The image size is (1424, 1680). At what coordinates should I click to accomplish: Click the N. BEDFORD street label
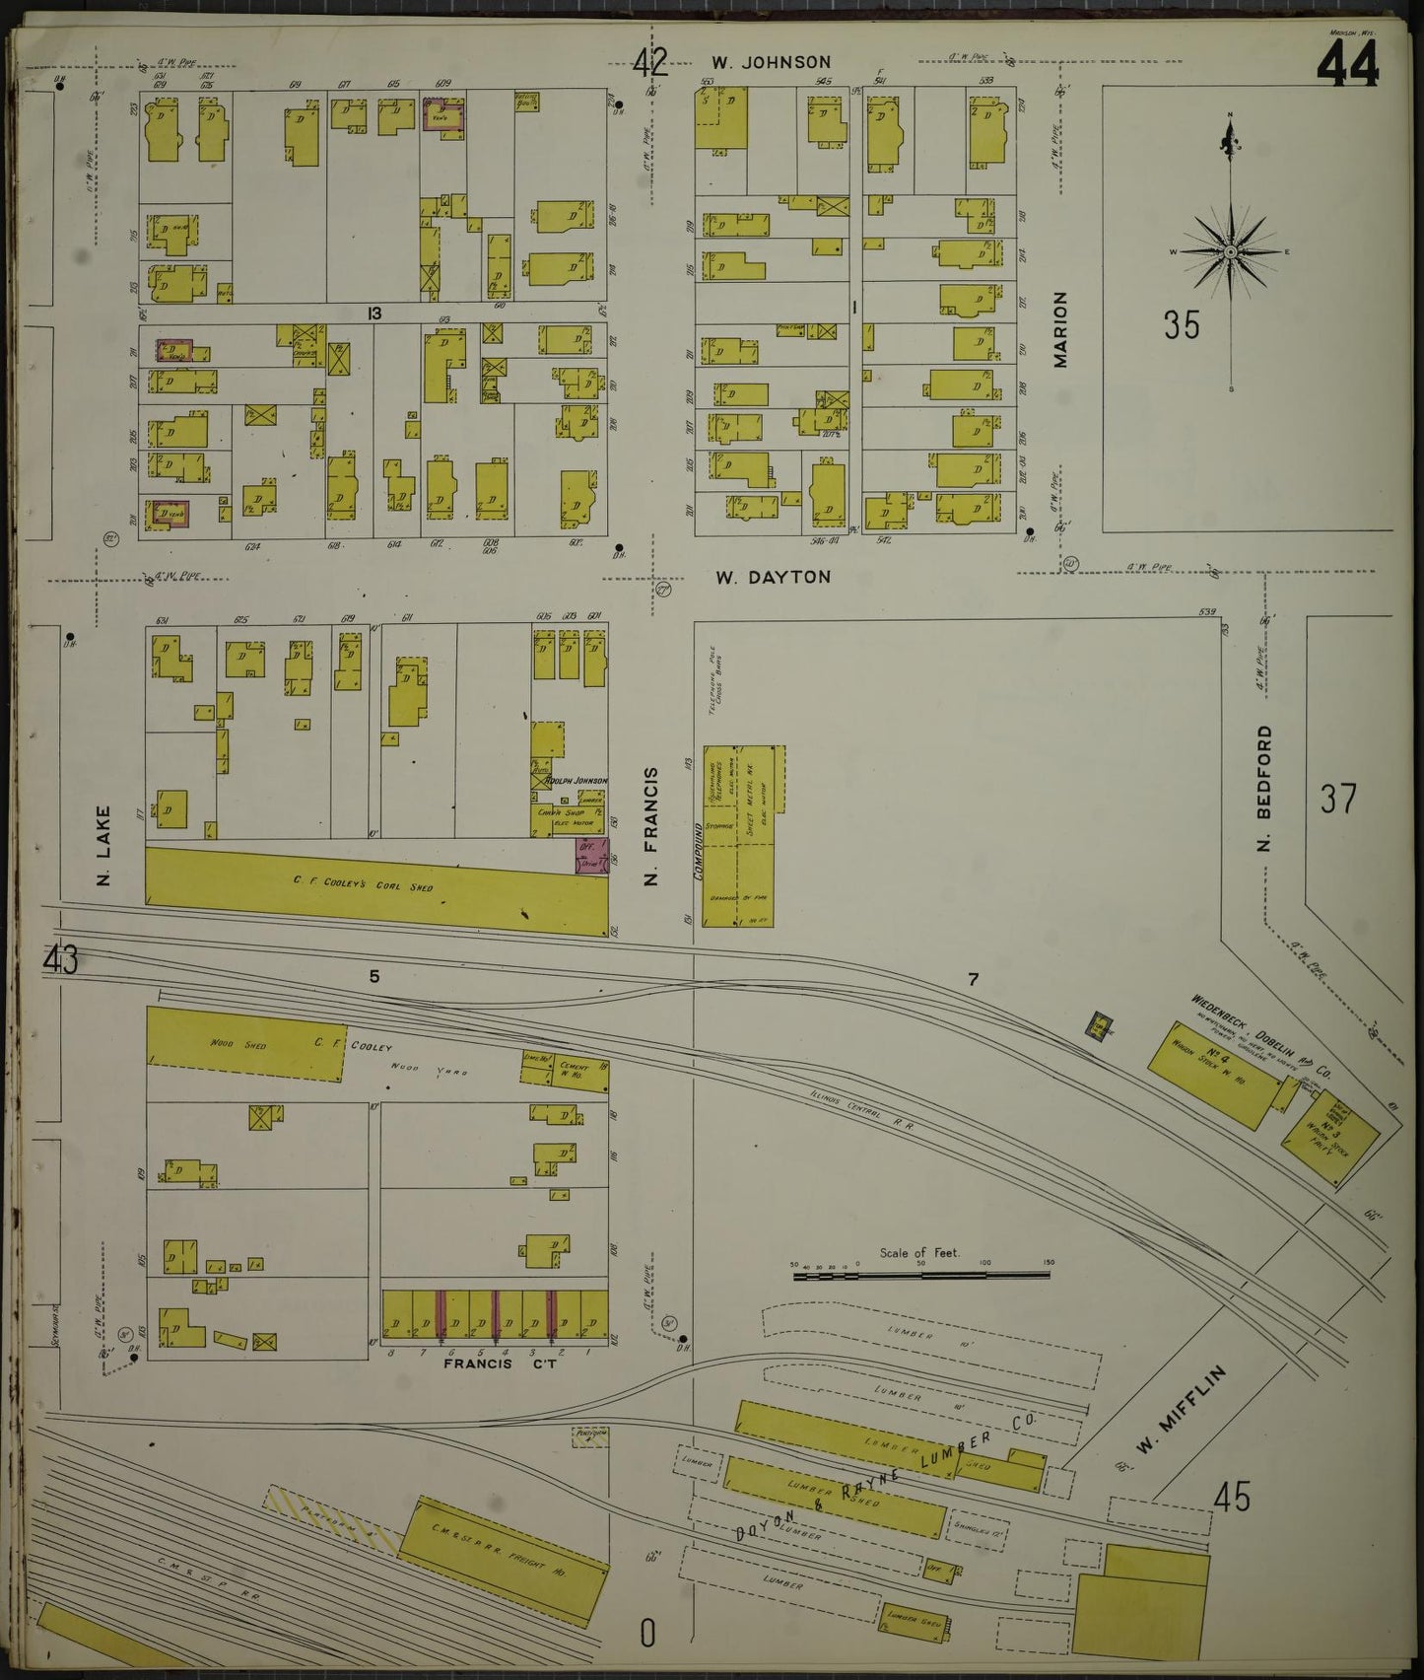pyautogui.click(x=1265, y=788)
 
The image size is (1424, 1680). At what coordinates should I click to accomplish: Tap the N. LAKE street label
pyautogui.click(x=103, y=846)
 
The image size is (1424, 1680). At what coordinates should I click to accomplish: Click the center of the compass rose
pyautogui.click(x=1230, y=252)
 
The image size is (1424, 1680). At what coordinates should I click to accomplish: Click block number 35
pyautogui.click(x=1181, y=324)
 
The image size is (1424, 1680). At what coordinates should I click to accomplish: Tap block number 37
pyautogui.click(x=1338, y=799)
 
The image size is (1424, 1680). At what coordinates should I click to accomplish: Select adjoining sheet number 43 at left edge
pyautogui.click(x=61, y=959)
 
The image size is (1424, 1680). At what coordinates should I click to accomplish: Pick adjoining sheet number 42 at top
pyautogui.click(x=650, y=63)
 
